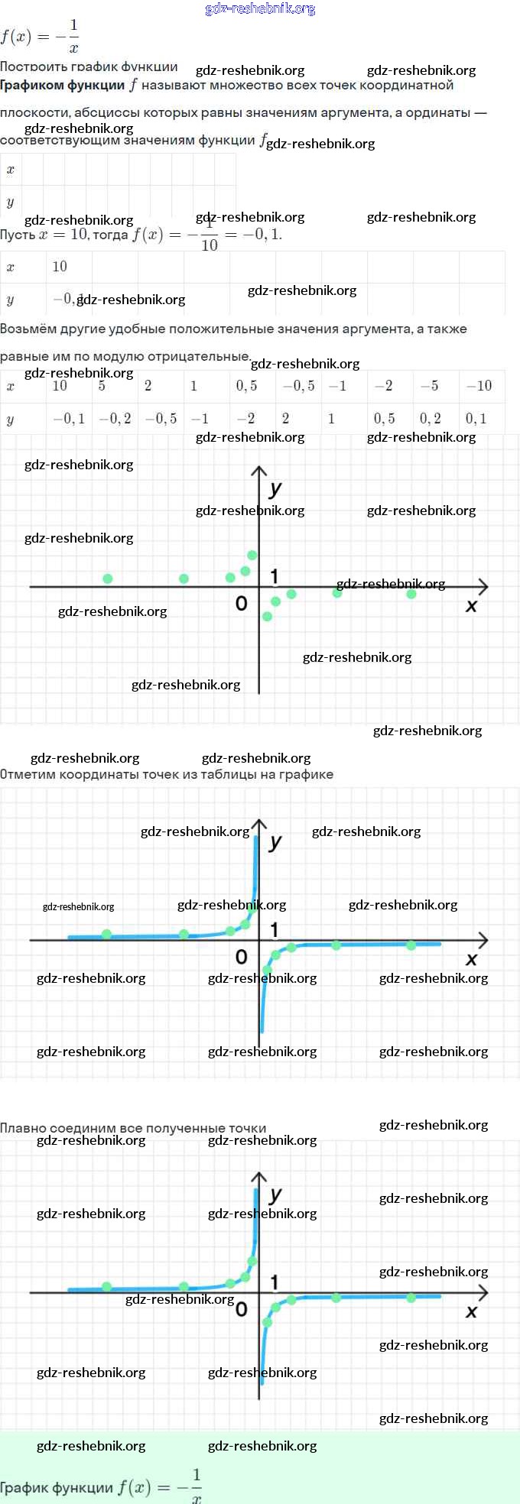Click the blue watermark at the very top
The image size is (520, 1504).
coord(260,8)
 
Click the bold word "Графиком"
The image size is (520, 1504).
coord(31,86)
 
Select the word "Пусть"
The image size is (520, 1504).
coord(18,235)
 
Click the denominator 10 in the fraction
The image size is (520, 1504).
coord(210,245)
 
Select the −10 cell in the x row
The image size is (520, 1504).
coord(479,386)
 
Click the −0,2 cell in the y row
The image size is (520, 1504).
coord(115,419)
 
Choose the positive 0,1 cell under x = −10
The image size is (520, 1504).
coord(476,419)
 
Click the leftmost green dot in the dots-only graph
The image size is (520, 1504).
coord(108,579)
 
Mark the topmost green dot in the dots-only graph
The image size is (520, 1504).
coord(252,555)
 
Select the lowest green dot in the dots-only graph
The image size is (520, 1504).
coord(267,616)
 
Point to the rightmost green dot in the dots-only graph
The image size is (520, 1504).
coord(411,594)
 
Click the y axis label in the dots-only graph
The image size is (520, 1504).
coord(276,488)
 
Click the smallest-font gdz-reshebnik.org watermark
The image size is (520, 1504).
coord(78,907)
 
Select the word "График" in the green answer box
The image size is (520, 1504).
coord(28,1488)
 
